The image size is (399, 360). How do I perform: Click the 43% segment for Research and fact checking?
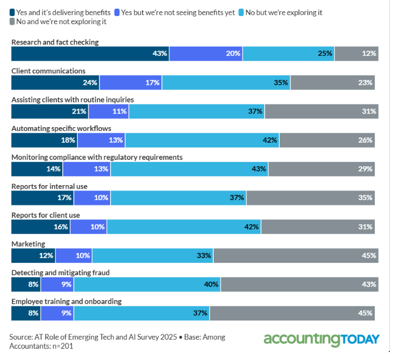point(90,54)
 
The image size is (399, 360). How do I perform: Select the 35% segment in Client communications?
point(226,83)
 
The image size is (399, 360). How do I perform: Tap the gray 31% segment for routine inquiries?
point(321,112)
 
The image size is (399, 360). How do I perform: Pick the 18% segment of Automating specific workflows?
point(45,140)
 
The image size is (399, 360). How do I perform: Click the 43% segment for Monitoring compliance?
point(189,169)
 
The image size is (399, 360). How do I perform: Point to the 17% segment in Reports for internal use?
point(42,198)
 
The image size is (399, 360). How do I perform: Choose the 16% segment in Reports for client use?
point(41,227)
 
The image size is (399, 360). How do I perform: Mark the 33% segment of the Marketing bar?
point(152,255)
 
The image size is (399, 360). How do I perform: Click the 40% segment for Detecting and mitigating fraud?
point(147,284)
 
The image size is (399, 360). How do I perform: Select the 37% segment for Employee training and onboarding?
point(141,313)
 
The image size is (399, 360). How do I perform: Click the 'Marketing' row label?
point(28,244)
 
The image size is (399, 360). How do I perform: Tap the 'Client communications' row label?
point(48,70)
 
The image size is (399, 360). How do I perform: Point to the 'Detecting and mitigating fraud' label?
point(60,273)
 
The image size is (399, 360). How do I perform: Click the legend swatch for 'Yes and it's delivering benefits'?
point(13,12)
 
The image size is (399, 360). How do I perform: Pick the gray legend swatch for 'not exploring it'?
point(13,22)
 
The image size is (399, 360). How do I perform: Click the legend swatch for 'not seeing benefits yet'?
point(116,12)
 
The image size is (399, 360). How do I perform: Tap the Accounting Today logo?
point(321,340)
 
